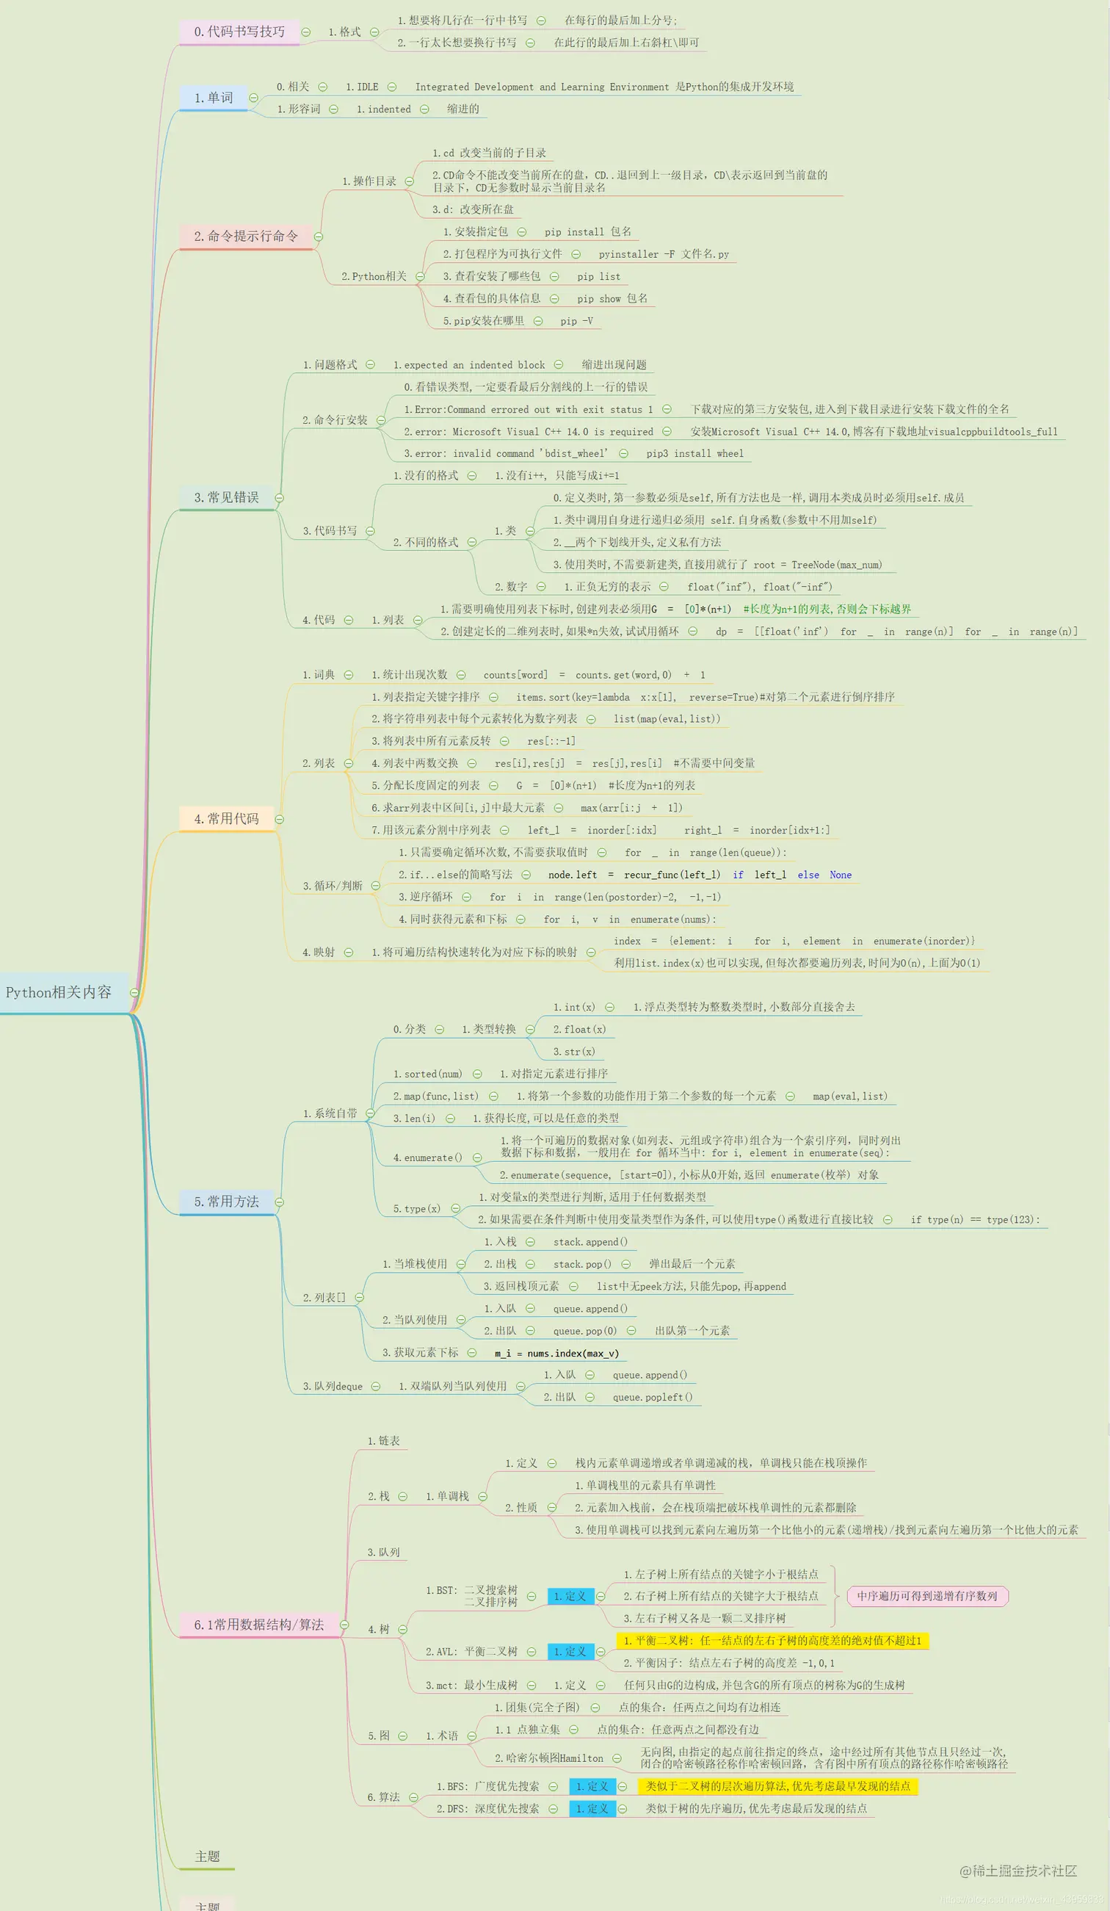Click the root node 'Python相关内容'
coord(59,992)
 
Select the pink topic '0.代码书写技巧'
coord(239,32)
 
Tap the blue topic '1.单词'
coord(214,98)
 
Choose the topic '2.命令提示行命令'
coord(246,236)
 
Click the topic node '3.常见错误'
coord(226,497)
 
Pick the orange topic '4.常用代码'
coord(226,819)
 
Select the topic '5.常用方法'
coord(226,1202)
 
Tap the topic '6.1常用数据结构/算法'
coord(258,1625)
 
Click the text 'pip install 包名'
coord(587,232)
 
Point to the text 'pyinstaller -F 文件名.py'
coord(664,254)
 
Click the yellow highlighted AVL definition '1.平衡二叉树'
coord(772,1641)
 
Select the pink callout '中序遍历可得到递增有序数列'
coord(926,1596)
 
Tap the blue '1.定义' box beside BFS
coord(592,1787)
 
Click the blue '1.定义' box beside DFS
coord(592,1809)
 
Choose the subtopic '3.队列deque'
coord(333,1386)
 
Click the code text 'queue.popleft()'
coord(652,1397)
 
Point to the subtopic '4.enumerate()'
coord(427,1158)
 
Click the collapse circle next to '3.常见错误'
coord(279,498)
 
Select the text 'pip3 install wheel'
coord(694,453)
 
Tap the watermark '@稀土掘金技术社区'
coord(1017,1871)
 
